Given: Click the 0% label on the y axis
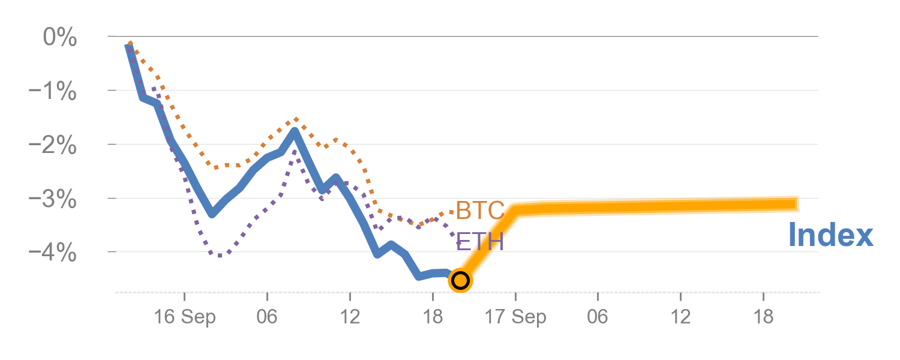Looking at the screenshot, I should pos(60,38).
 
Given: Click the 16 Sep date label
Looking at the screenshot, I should pos(184,317).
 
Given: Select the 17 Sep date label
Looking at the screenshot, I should pos(515,317).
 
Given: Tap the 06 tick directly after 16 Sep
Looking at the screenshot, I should pos(267,317).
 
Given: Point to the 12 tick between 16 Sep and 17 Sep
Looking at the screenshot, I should pos(350,317).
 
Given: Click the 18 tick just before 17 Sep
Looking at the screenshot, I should pos(433,317).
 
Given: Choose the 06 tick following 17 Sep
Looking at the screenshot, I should pos(598,317).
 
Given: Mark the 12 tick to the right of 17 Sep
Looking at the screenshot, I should pos(681,317).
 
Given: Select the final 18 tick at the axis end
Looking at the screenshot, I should pos(764,317).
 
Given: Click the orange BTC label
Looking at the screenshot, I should pos(479,211).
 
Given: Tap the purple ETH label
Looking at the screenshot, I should pos(479,242).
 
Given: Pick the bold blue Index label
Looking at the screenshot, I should pos(830,235).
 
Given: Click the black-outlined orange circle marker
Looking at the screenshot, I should pos(460,280).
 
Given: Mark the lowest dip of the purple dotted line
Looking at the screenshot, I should pos(220,256).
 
